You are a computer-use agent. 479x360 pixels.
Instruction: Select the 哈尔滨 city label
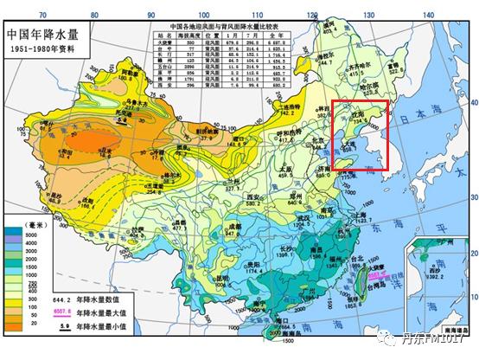[x=369, y=85]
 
